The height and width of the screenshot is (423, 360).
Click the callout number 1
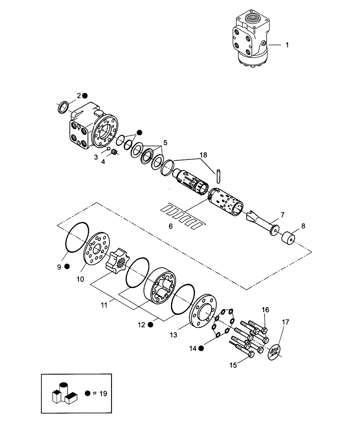pyautogui.click(x=287, y=45)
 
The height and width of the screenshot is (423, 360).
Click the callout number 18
pyautogui.click(x=204, y=156)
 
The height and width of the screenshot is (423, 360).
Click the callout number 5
pyautogui.click(x=165, y=143)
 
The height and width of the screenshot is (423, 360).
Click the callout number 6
pyautogui.click(x=170, y=226)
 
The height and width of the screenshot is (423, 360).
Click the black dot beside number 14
pyautogui.click(x=201, y=348)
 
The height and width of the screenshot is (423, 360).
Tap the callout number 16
pyautogui.click(x=265, y=310)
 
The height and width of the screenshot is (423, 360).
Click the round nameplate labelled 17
pyautogui.click(x=275, y=351)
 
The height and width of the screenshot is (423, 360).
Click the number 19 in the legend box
pyautogui.click(x=101, y=393)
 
